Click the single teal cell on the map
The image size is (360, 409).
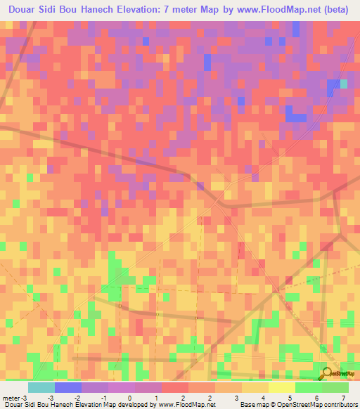(x=344, y=84)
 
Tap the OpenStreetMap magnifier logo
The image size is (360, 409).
(x=327, y=375)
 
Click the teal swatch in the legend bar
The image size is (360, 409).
(x=41, y=387)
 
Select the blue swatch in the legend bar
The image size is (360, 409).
(x=68, y=387)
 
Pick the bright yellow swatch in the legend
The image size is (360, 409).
(x=282, y=387)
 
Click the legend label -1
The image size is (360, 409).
(x=103, y=398)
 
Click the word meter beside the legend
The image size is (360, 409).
(x=11, y=398)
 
